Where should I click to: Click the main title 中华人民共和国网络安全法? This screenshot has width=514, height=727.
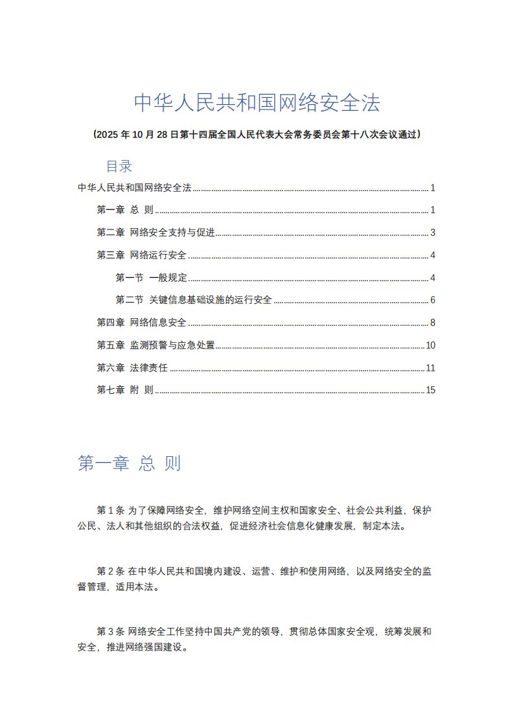pyautogui.click(x=257, y=102)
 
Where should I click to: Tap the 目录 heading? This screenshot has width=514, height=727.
pyautogui.click(x=119, y=167)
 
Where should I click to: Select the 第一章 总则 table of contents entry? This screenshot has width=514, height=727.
pyautogui.click(x=125, y=210)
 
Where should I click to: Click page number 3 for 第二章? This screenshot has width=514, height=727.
pyautogui.click(x=432, y=233)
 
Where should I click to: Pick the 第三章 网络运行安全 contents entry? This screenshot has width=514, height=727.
pyautogui.click(x=141, y=255)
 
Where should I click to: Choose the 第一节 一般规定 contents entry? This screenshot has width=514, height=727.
pyautogui.click(x=151, y=278)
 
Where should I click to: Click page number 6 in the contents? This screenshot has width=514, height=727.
pyautogui.click(x=432, y=300)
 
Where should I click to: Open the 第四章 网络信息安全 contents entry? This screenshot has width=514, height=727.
pyautogui.click(x=141, y=323)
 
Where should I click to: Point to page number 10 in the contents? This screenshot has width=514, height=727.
pyautogui.click(x=430, y=345)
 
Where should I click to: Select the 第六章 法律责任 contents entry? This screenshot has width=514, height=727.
pyautogui.click(x=132, y=367)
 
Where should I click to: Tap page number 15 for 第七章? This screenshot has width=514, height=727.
pyautogui.click(x=430, y=390)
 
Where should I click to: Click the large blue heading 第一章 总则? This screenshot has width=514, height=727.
pyautogui.click(x=129, y=464)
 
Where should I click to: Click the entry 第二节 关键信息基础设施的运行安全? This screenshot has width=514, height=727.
pyautogui.click(x=193, y=300)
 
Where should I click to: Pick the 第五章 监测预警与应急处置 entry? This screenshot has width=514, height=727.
pyautogui.click(x=156, y=345)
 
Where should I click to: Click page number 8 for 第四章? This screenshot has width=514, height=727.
pyautogui.click(x=432, y=323)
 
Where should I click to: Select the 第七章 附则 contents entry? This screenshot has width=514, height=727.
pyautogui.click(x=125, y=390)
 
